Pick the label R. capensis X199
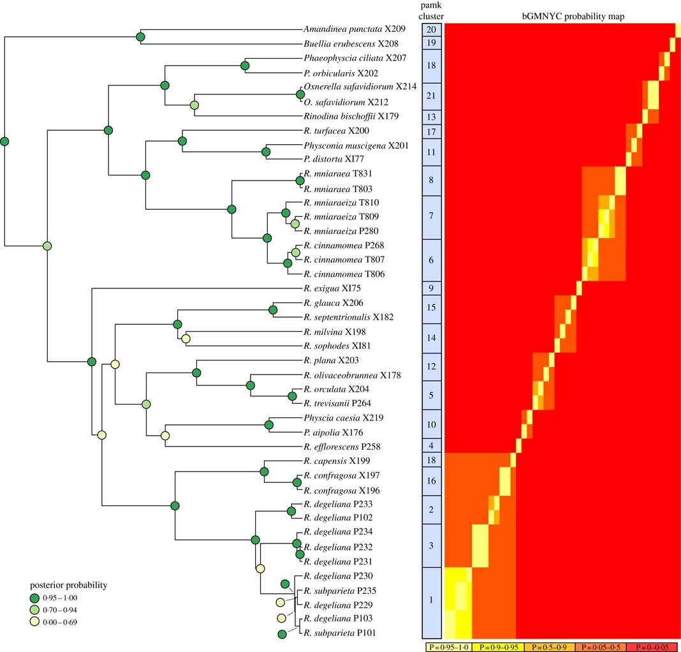[335, 461]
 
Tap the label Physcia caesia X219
[341, 418]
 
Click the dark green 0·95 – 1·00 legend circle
[37, 598]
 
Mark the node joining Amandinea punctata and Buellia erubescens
[141, 36]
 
